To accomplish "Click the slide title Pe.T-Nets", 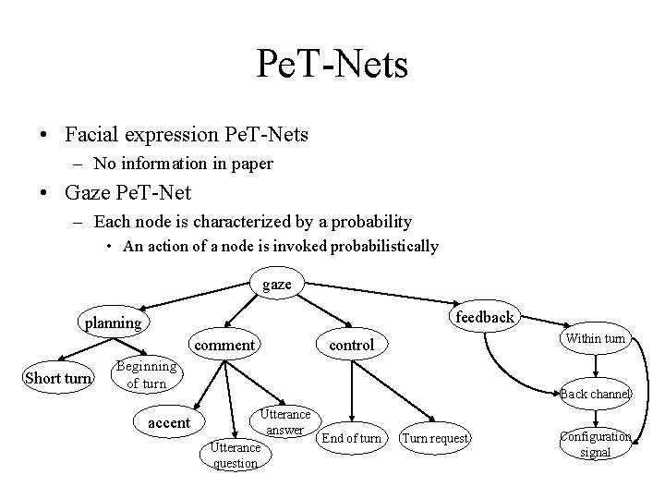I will pyautogui.click(x=332, y=65).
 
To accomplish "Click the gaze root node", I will pyautogui.click(x=276, y=285).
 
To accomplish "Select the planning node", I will pyautogui.click(x=114, y=323).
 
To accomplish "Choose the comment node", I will pyautogui.click(x=225, y=345).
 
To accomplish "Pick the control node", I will pyautogui.click(x=352, y=345).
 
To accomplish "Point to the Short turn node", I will pyautogui.click(x=58, y=377).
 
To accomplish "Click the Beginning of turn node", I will pyautogui.click(x=146, y=374).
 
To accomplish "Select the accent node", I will pyautogui.click(x=169, y=422).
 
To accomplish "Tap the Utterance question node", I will pyautogui.click(x=236, y=455).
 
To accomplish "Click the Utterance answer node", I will pyautogui.click(x=285, y=422).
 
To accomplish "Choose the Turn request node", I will pyautogui.click(x=436, y=438).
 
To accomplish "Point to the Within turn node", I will pyautogui.click(x=596, y=338).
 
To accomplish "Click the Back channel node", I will pyautogui.click(x=596, y=394).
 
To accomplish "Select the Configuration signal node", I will pyautogui.click(x=596, y=444).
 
